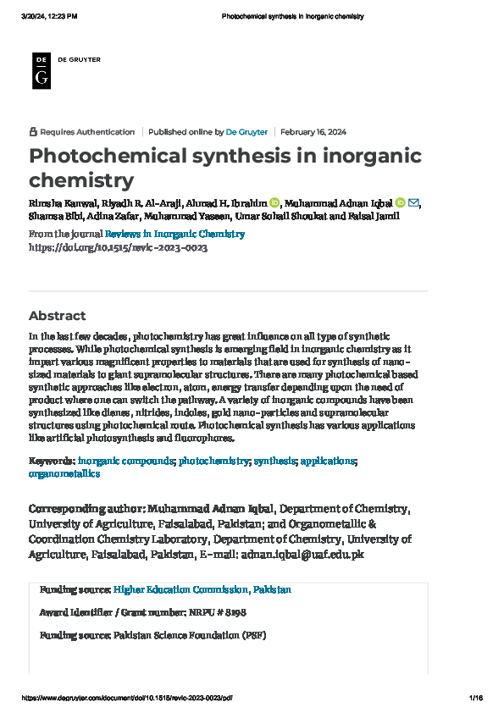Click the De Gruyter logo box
[x=41, y=69]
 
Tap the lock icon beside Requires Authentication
[x=33, y=132]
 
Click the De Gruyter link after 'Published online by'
[x=246, y=132]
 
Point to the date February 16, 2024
[x=313, y=132]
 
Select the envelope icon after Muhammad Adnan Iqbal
[x=413, y=202]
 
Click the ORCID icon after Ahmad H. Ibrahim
[x=274, y=202]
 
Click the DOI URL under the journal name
[x=118, y=247]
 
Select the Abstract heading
[x=58, y=316]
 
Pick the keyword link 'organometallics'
[x=64, y=474]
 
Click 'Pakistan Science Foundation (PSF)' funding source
[x=190, y=634]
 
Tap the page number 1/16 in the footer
[x=475, y=697]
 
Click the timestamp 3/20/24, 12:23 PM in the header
[x=49, y=16]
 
